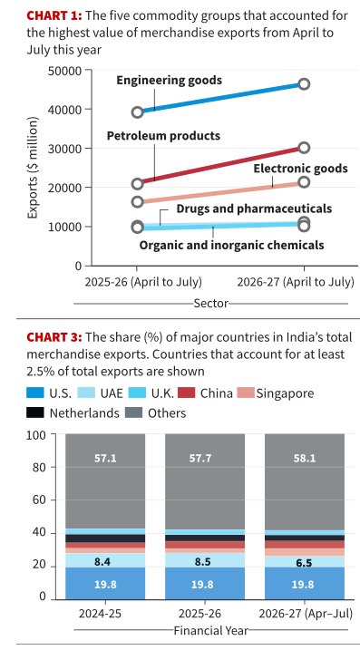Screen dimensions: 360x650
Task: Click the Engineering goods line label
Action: pos(169,80)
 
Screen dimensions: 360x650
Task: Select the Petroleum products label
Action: pos(163,136)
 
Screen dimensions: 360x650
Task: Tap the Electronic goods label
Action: pos(301,169)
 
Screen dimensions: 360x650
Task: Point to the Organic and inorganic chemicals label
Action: pos(231,245)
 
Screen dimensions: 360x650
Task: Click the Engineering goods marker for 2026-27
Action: pos(304,84)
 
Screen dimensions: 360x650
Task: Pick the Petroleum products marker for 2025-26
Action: pos(138,184)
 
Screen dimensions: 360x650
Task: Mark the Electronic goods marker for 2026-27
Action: pos(304,182)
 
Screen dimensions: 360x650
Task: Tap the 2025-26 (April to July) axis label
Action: pos(143,282)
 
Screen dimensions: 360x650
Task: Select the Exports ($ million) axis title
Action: pos(33,168)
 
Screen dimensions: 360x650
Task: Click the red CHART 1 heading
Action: pos(54,15)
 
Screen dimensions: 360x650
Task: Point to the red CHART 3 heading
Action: pos(54,337)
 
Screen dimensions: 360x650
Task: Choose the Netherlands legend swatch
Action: pos(35,412)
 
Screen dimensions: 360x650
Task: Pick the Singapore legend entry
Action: pos(276,393)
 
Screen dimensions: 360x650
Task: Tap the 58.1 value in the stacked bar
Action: pos(304,459)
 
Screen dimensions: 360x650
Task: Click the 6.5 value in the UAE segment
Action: pos(304,563)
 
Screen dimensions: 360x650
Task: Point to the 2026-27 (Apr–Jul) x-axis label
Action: pos(306,614)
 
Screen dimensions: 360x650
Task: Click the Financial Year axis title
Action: pos(210,631)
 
